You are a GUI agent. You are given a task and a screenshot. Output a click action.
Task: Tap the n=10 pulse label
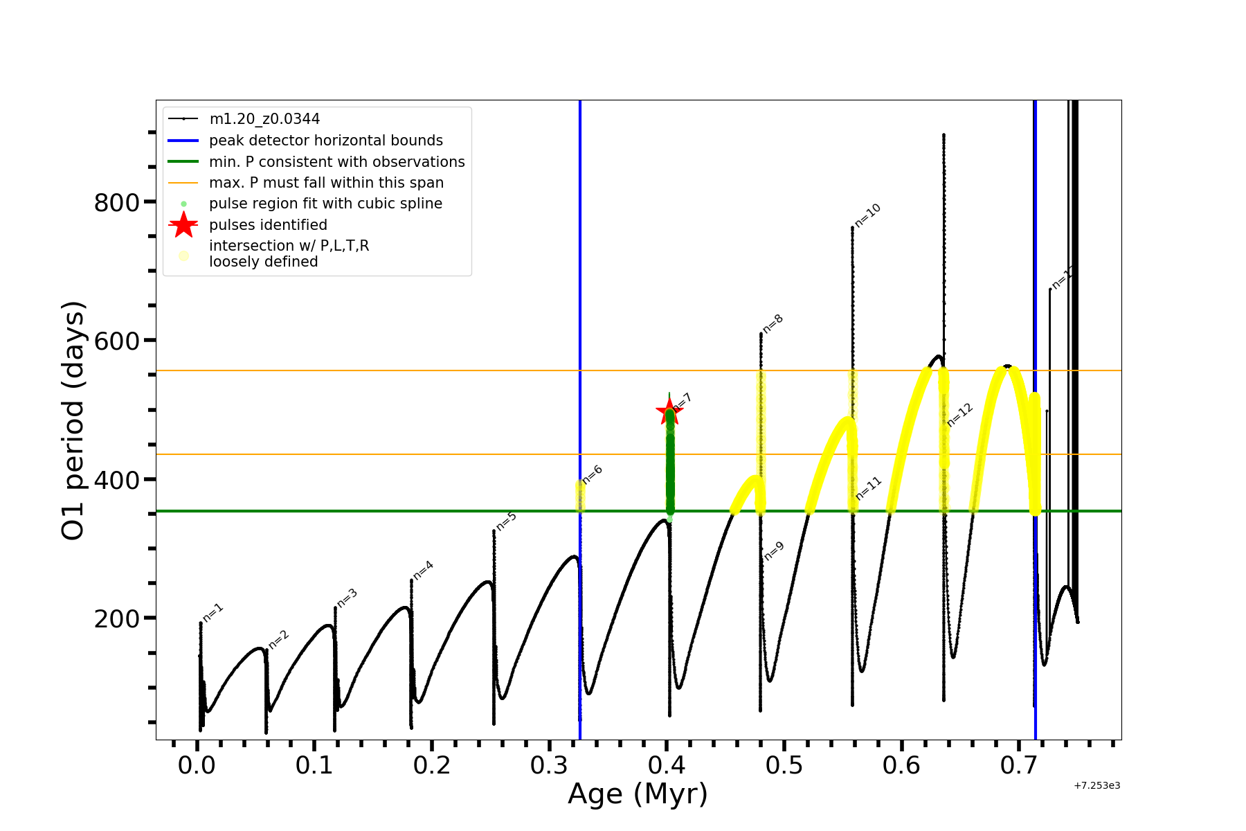[x=867, y=215]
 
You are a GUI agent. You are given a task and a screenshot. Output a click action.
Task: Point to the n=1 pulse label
[x=213, y=613]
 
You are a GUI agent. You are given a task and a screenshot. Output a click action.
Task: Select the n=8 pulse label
[x=773, y=323]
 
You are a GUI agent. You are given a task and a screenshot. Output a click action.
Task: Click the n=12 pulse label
[x=960, y=415]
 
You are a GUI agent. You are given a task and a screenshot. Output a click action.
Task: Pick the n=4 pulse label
[x=423, y=570]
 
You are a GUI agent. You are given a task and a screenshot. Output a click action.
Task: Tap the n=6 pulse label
[x=593, y=474]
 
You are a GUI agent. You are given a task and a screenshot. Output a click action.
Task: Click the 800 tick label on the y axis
[x=116, y=202]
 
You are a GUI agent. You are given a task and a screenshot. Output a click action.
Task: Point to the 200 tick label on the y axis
[x=116, y=618]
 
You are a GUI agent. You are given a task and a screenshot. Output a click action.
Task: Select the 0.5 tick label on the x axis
[x=784, y=766]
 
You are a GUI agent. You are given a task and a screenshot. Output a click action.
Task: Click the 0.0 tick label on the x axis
[x=197, y=766]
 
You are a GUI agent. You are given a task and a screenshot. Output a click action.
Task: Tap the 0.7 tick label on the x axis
[x=1019, y=766]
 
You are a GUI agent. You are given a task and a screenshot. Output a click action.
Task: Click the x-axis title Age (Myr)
[x=638, y=794]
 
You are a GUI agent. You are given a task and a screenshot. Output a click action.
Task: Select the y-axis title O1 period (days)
[x=73, y=420]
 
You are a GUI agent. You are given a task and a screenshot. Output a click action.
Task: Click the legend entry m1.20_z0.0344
[x=264, y=119]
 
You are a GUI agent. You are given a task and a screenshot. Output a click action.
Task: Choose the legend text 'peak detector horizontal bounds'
[x=326, y=141]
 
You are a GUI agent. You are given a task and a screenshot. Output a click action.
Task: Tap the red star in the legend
[x=183, y=225]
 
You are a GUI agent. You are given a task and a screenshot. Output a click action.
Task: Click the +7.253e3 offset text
[x=1096, y=785]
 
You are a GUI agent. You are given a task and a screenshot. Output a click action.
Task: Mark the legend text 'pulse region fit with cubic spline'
[x=325, y=204]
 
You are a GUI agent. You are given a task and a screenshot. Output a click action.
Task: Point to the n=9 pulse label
[x=775, y=551]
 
